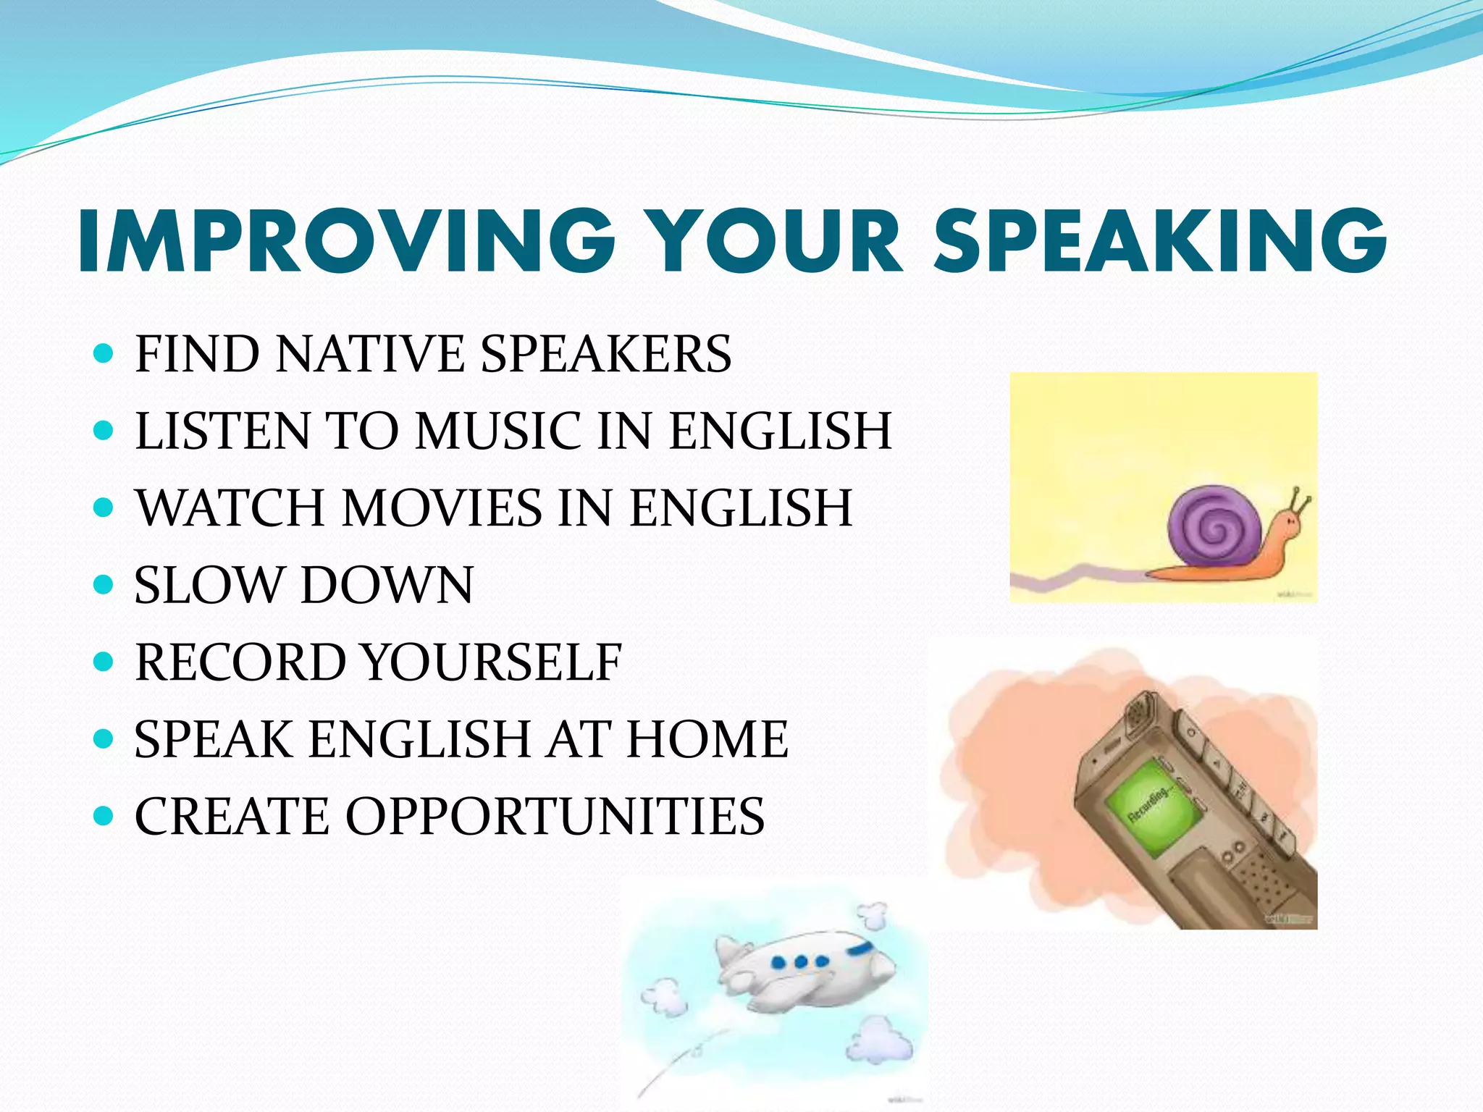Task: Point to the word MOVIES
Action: pos(442,507)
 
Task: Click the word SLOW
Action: pos(209,585)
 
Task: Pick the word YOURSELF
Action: pos(492,662)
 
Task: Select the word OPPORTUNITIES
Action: pos(555,817)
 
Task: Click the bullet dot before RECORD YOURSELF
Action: pos(104,662)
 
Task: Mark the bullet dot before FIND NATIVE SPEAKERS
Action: pos(104,353)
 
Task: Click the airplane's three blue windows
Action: pos(800,962)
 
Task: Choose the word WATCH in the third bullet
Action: pos(230,507)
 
